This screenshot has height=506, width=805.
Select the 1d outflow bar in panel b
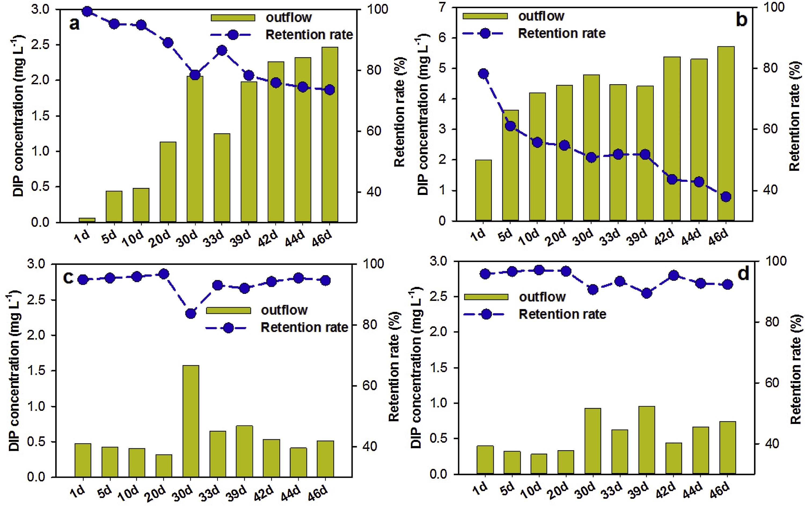point(483,190)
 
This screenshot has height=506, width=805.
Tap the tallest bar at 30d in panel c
point(191,421)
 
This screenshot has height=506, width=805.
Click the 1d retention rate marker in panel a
point(87,11)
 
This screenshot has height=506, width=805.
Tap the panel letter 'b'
point(741,20)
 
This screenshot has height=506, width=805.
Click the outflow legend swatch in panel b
point(485,16)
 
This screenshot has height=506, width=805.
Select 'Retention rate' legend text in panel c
point(304,328)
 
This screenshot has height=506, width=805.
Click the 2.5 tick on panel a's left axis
point(40,45)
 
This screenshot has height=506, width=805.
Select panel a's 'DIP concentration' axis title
point(19,115)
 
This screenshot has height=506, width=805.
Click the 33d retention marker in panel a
point(222,51)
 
